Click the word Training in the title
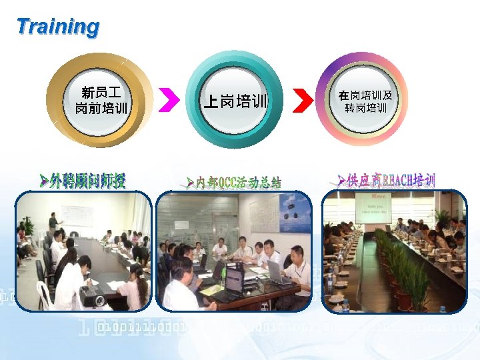[x=58, y=27]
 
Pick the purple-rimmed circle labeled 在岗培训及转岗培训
[x=365, y=101]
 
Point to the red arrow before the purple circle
[x=303, y=101]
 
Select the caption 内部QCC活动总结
[x=233, y=182]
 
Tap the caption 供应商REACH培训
[x=387, y=180]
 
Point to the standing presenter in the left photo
[x=52, y=223]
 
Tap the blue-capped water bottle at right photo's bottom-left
[x=345, y=306]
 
